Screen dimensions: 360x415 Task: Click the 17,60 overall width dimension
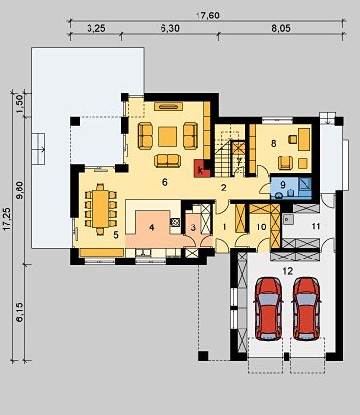pyautogui.click(x=207, y=16)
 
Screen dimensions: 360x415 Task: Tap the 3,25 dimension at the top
pyautogui.click(x=96, y=28)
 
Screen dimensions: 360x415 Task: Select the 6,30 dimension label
pyautogui.click(x=170, y=28)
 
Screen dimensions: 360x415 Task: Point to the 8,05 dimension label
pyautogui.click(x=281, y=28)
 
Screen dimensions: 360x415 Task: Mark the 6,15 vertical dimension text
pyautogui.click(x=20, y=312)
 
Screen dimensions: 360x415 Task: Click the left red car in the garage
pyautogui.click(x=269, y=308)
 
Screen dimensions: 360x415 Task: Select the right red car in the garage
pyautogui.click(x=306, y=308)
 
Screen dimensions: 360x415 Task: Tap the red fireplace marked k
pyautogui.click(x=200, y=169)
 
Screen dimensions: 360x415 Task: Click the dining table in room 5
pyautogui.click(x=100, y=209)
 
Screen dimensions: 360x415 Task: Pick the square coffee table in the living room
pyautogui.click(x=167, y=136)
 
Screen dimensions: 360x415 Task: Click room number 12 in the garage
pyautogui.click(x=288, y=271)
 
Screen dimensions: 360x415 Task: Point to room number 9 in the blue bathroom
pyautogui.click(x=283, y=185)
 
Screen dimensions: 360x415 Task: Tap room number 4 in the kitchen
pyautogui.click(x=151, y=227)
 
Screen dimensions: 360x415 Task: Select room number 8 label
pyautogui.click(x=274, y=143)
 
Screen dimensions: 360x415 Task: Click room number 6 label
pyautogui.click(x=165, y=182)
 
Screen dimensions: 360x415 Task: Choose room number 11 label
pyautogui.click(x=316, y=226)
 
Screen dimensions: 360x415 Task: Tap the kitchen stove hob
pyautogui.click(x=175, y=222)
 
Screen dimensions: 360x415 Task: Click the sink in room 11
pyautogui.click(x=288, y=220)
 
